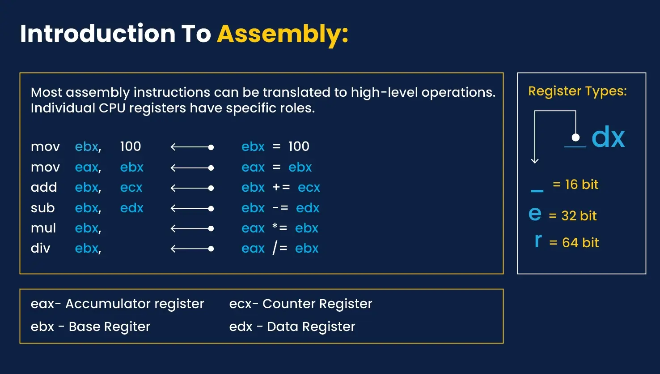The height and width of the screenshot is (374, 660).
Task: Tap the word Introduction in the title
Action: click(x=97, y=34)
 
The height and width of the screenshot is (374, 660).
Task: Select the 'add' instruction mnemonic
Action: click(x=44, y=187)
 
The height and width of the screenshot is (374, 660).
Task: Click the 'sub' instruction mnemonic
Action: click(x=42, y=208)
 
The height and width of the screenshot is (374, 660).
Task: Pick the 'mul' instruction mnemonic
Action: click(x=43, y=228)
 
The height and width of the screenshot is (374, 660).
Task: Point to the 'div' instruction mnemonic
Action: click(x=40, y=248)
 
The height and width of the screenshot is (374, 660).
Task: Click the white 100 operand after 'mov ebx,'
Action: click(x=130, y=146)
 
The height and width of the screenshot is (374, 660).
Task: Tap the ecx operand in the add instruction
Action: click(x=131, y=187)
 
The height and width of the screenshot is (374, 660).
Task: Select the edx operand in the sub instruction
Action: click(x=131, y=208)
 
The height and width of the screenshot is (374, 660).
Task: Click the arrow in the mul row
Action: click(x=192, y=228)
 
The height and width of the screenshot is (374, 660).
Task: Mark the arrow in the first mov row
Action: click(x=192, y=147)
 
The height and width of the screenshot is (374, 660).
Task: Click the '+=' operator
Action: click(x=281, y=187)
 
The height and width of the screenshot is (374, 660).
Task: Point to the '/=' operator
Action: click(x=280, y=248)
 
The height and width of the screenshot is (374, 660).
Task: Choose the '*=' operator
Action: click(x=280, y=228)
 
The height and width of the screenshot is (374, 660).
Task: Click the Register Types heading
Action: click(x=577, y=91)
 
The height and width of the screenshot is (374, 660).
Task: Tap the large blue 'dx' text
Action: click(x=608, y=137)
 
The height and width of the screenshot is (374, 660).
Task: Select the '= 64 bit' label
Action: click(x=574, y=242)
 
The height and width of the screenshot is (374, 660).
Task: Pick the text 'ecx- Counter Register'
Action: click(x=300, y=304)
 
